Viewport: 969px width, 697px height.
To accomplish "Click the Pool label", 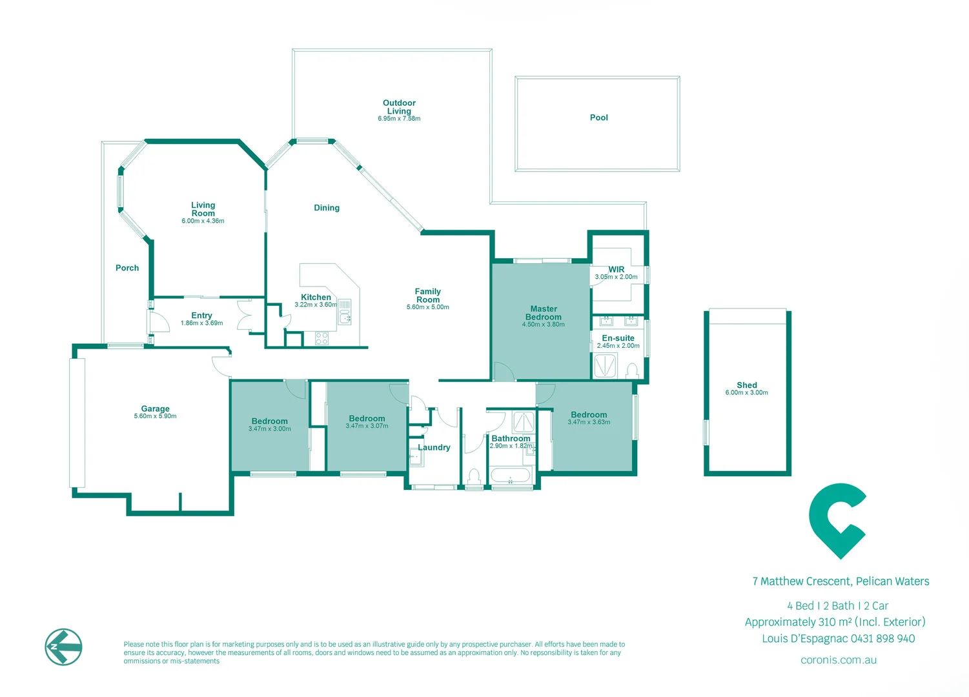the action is click(x=598, y=117).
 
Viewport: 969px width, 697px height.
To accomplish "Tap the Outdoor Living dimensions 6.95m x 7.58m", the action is click(x=399, y=119).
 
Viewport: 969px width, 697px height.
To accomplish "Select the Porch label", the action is click(x=127, y=268).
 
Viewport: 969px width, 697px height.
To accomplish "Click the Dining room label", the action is click(x=327, y=208).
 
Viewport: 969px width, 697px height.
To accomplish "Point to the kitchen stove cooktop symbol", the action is click(x=321, y=338).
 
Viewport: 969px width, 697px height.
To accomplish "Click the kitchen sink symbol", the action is click(x=345, y=312).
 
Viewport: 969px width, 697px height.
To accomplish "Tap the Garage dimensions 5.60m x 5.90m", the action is click(x=155, y=416).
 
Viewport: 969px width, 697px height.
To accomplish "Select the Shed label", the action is click(x=747, y=385).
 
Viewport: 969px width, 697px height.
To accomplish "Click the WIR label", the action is click(x=616, y=269).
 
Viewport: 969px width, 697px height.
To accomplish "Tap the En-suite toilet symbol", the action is click(x=632, y=371).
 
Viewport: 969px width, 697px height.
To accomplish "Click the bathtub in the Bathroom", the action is click(x=511, y=476).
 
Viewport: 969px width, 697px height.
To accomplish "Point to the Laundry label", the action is click(x=434, y=447).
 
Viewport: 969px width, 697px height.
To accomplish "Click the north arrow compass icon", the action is click(x=64, y=647).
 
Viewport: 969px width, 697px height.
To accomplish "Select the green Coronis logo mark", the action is click(x=837, y=521).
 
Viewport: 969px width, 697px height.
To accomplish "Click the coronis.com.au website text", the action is click(x=839, y=660).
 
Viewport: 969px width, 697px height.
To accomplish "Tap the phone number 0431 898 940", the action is click(x=882, y=639).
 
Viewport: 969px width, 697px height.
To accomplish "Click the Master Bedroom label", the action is click(x=544, y=312).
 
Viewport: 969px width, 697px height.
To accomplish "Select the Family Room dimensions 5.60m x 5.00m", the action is click(x=427, y=307).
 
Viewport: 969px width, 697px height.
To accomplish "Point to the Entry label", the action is click(x=201, y=316).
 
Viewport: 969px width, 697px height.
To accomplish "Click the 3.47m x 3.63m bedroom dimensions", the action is click(x=589, y=423).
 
